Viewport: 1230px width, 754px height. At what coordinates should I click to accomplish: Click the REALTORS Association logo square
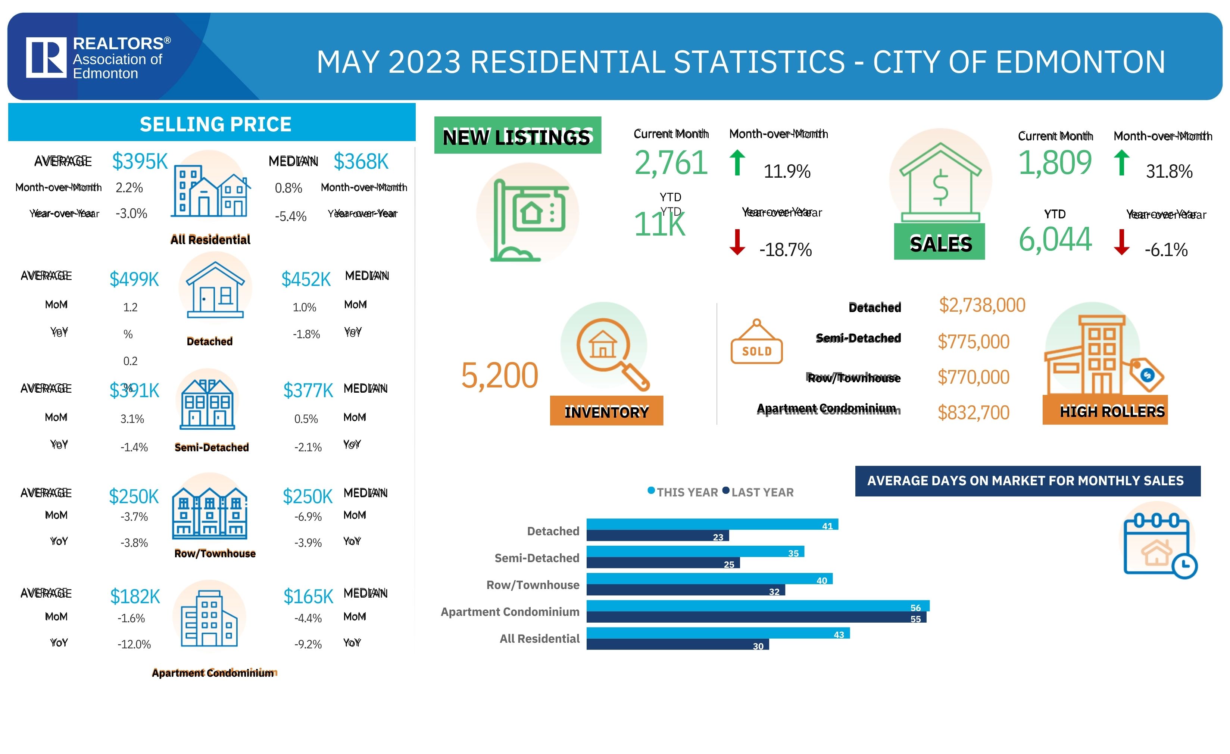46,57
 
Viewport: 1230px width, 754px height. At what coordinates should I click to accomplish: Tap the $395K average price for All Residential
140,161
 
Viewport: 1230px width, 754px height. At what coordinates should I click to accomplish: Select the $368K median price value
360,161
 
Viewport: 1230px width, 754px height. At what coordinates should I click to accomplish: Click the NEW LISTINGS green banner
517,135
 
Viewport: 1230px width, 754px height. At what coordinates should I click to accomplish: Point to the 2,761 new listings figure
670,163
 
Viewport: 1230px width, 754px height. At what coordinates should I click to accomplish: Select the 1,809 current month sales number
1054,163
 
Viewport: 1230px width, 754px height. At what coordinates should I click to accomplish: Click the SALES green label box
939,242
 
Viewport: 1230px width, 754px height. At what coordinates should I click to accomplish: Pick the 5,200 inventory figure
499,376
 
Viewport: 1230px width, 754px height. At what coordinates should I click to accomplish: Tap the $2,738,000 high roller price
982,305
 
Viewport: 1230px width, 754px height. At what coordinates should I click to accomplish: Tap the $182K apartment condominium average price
135,596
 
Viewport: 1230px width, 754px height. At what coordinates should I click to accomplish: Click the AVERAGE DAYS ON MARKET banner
1027,481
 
